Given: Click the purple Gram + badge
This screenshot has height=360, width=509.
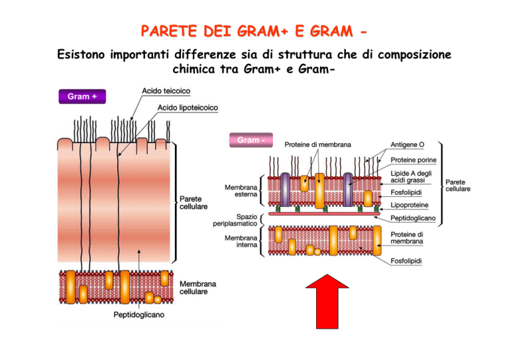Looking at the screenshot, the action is point(82,96).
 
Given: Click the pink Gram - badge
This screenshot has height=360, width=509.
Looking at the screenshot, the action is point(251,140).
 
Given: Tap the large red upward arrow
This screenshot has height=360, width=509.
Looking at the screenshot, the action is point(327,302).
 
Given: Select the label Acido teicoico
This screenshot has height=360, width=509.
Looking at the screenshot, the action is point(166,91).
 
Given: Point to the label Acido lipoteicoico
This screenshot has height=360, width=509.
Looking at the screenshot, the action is point(188,107).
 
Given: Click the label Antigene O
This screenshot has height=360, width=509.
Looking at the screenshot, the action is point(407,145).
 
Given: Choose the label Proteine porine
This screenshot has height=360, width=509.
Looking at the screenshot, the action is point(414,160).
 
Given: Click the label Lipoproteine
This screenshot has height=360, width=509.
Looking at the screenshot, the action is point(410,205).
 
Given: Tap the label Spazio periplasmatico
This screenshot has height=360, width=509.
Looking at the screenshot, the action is point(235,219).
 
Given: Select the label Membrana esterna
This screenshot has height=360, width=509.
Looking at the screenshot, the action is point(241,190).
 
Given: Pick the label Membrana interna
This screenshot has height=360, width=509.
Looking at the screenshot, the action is point(241,241).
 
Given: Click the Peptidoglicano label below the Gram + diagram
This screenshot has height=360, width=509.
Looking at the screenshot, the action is point(139,314).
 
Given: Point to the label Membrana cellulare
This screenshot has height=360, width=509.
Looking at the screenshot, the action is point(198,288).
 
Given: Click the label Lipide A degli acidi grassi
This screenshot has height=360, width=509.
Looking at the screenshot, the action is point(411,176).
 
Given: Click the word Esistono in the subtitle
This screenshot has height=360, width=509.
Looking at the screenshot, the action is point(81,54).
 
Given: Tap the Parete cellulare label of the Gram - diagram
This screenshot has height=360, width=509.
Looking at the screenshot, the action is point(458,186).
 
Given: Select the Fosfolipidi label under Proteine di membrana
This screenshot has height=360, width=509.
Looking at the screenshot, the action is point(406,261).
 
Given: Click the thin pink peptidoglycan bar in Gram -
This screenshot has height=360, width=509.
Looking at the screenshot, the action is point(324,214).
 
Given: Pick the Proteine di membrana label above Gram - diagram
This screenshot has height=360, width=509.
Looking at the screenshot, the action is point(317,145).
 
